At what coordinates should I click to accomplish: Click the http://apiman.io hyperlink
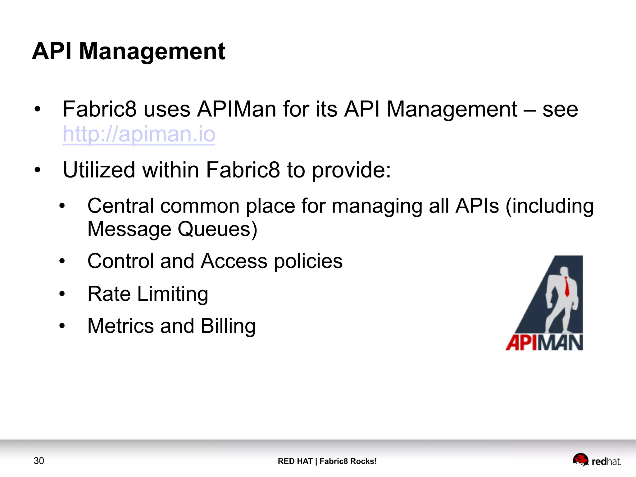139,134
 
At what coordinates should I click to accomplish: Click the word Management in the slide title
152,51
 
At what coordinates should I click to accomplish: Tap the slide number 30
39,461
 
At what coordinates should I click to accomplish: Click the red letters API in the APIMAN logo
520,343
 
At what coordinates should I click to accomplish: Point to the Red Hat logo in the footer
597,460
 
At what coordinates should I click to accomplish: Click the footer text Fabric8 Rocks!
348,461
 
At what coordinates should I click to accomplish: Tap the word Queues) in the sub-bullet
217,229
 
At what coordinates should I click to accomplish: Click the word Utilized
99,170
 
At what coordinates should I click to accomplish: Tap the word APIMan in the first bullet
236,109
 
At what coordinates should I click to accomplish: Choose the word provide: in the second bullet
351,170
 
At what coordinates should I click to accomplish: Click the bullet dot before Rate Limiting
62,294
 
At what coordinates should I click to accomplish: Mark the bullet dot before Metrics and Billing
62,326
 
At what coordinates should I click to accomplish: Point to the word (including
549,206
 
